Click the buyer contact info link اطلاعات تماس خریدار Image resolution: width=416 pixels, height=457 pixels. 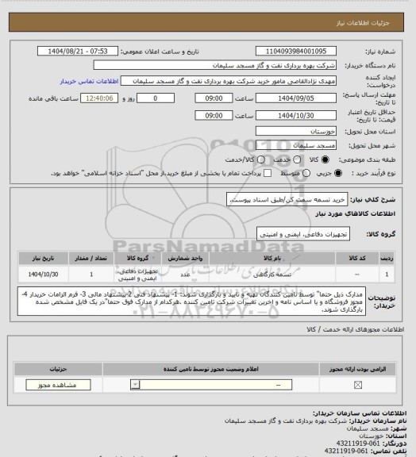[x=89, y=81]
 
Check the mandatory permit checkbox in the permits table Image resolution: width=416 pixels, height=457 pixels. [x=356, y=385]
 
